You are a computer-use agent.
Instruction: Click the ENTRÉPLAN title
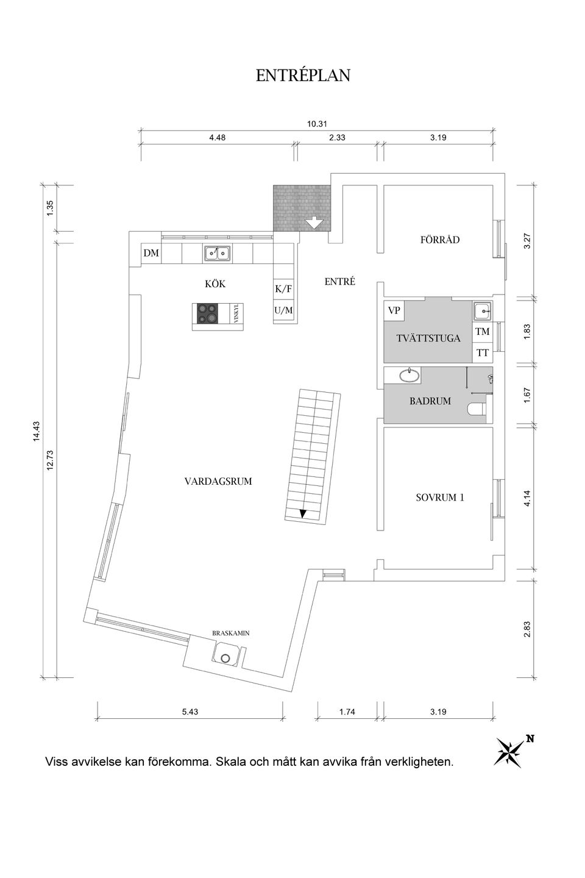pyautogui.click(x=303, y=76)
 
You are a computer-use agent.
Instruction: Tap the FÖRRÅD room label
pyautogui.click(x=440, y=240)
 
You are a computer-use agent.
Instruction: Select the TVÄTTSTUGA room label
pyautogui.click(x=428, y=338)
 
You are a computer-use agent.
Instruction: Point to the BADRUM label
pyautogui.click(x=430, y=401)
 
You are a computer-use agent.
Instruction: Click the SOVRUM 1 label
pyautogui.click(x=440, y=497)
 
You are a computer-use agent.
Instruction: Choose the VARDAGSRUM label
pyautogui.click(x=218, y=481)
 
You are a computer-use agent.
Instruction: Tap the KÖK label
pyautogui.click(x=215, y=284)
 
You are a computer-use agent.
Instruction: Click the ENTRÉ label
pyautogui.click(x=339, y=282)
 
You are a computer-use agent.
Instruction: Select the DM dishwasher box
pyautogui.click(x=151, y=253)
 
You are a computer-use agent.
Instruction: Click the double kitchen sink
pyautogui.click(x=217, y=252)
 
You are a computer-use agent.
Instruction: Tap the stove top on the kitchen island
pyautogui.click(x=208, y=313)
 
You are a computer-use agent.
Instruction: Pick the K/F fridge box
pyautogui.click(x=283, y=289)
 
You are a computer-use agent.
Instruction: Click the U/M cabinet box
pyautogui.click(x=283, y=310)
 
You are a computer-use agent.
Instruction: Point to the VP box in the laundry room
pyautogui.click(x=394, y=310)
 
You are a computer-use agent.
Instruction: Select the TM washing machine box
pyautogui.click(x=482, y=332)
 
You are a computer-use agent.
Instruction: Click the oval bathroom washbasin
pyautogui.click(x=409, y=374)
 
